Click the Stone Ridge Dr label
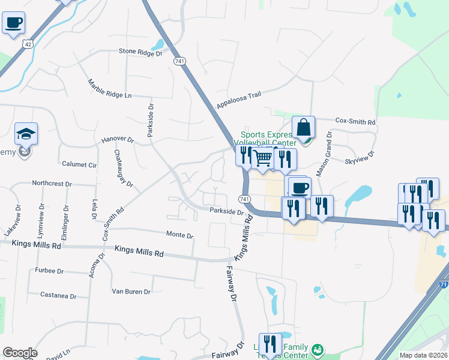click(140, 53)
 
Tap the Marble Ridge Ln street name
click(109, 89)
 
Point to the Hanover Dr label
click(117, 139)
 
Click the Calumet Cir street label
click(79, 164)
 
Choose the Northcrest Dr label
click(52, 183)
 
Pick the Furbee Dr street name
click(49, 271)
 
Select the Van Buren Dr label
click(131, 292)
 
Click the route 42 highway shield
click(27, 44)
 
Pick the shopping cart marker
click(262, 158)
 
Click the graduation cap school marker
click(26, 134)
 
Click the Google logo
click(20, 353)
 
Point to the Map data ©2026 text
click(423, 355)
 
